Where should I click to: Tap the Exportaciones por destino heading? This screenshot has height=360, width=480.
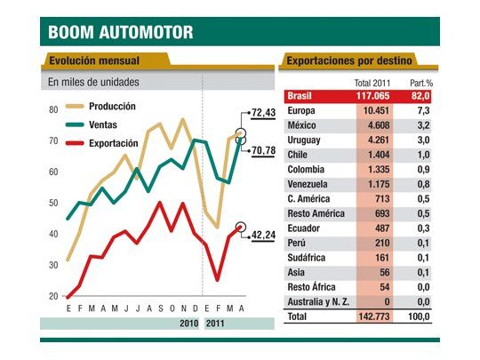click(x=350, y=61)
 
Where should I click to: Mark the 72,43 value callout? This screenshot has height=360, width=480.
click(x=265, y=113)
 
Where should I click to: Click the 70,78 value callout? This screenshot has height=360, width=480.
click(x=265, y=151)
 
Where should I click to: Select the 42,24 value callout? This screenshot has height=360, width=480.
click(x=265, y=236)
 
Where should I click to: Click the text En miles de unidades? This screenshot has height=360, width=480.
click(x=93, y=83)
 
